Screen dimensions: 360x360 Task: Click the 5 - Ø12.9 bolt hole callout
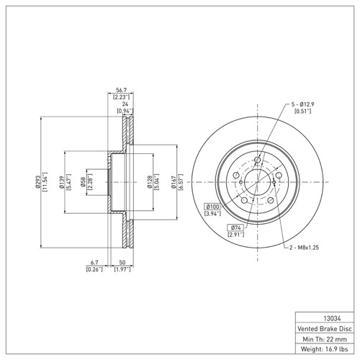point(303,104)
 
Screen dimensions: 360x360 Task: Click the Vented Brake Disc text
point(325,328)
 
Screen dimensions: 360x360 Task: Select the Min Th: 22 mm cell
point(325,338)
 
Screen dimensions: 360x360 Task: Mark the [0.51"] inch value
point(303,112)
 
